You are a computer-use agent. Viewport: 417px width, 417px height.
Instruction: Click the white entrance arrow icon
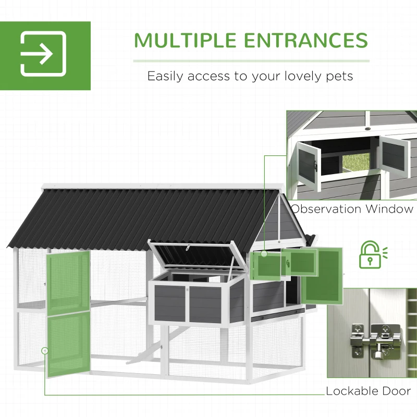43,54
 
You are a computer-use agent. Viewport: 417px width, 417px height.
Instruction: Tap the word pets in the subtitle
338,76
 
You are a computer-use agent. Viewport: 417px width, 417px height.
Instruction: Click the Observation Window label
352,209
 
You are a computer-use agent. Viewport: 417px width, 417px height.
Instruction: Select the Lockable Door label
368,391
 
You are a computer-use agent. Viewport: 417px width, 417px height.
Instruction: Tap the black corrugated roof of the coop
130,214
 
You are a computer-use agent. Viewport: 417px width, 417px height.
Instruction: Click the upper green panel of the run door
68,281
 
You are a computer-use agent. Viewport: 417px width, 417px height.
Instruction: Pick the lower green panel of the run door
68,344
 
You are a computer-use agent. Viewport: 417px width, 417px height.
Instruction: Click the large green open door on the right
322,275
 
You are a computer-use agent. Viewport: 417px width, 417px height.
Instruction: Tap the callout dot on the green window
264,254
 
